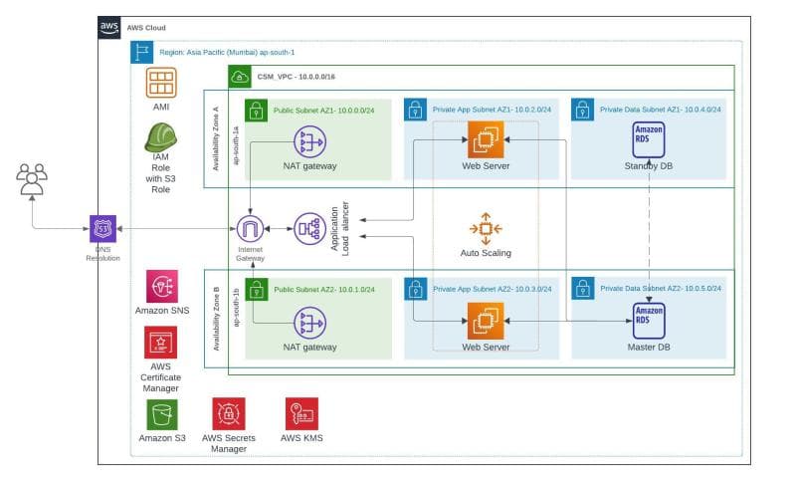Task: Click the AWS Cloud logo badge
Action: (109, 28)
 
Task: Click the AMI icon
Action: (160, 82)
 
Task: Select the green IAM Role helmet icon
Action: (160, 137)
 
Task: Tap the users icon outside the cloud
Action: (32, 179)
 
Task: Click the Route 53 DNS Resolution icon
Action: (102, 228)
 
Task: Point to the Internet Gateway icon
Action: (251, 228)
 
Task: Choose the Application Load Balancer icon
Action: (308, 228)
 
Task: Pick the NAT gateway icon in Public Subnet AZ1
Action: (309, 141)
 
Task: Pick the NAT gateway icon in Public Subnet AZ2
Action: (309, 323)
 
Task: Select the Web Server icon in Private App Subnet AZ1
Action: (486, 138)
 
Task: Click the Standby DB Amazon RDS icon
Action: (649, 138)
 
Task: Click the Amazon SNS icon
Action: (161, 286)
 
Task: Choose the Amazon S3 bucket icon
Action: (161, 412)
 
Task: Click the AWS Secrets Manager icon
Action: (229, 412)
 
